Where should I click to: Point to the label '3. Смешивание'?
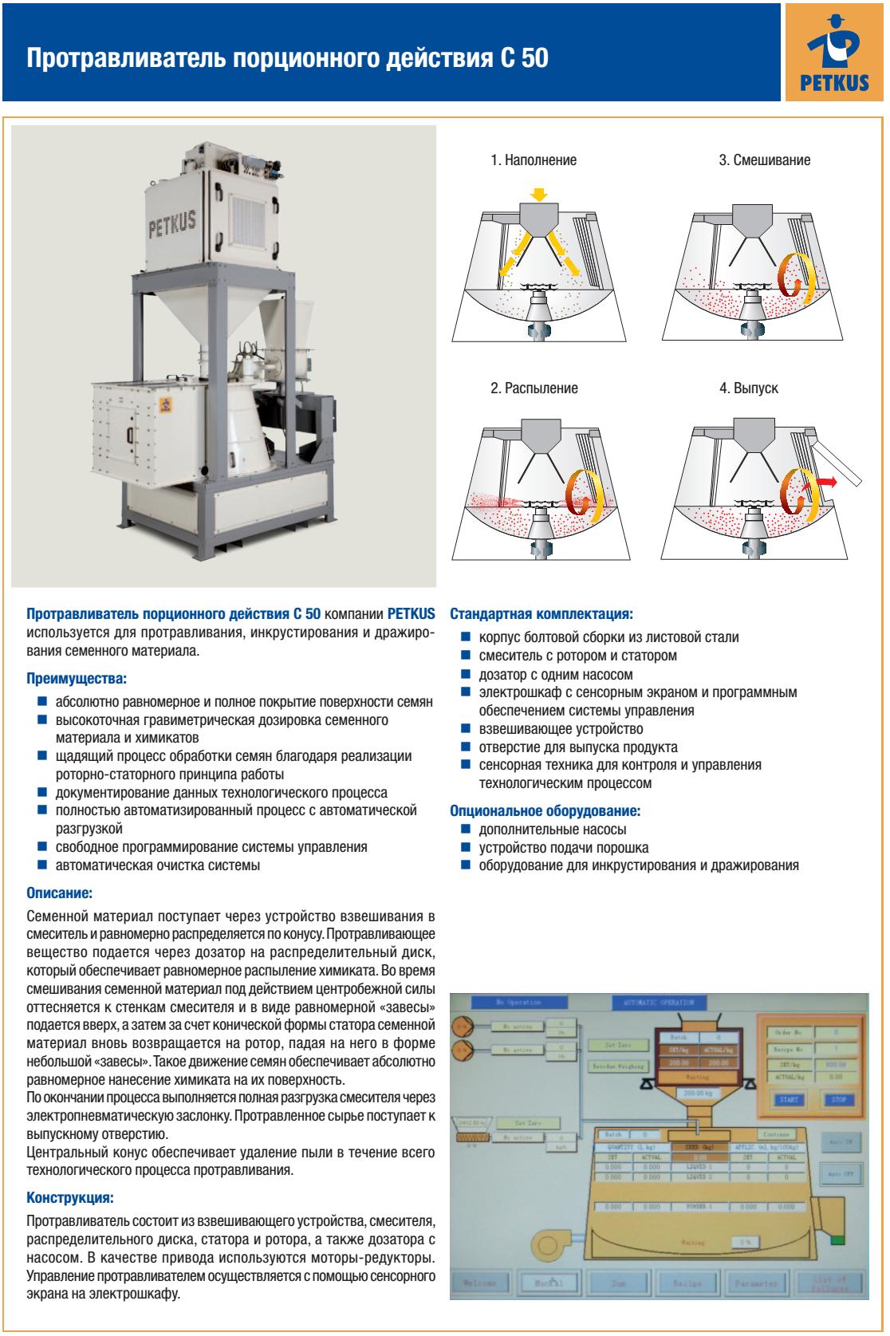(764, 160)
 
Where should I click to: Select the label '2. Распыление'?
(534, 388)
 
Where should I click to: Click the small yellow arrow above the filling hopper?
(539, 194)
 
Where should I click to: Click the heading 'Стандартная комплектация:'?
(541, 615)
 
